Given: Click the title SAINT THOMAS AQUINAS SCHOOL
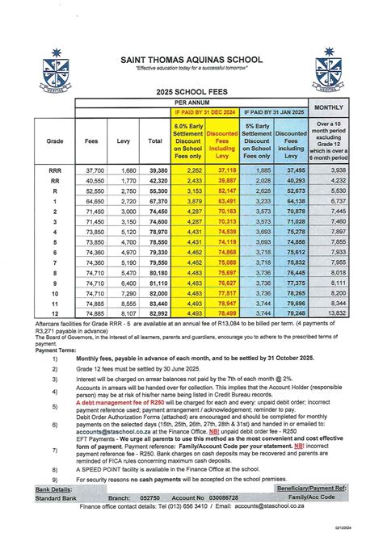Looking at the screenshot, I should point(191,58).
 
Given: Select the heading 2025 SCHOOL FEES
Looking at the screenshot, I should point(191,94).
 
